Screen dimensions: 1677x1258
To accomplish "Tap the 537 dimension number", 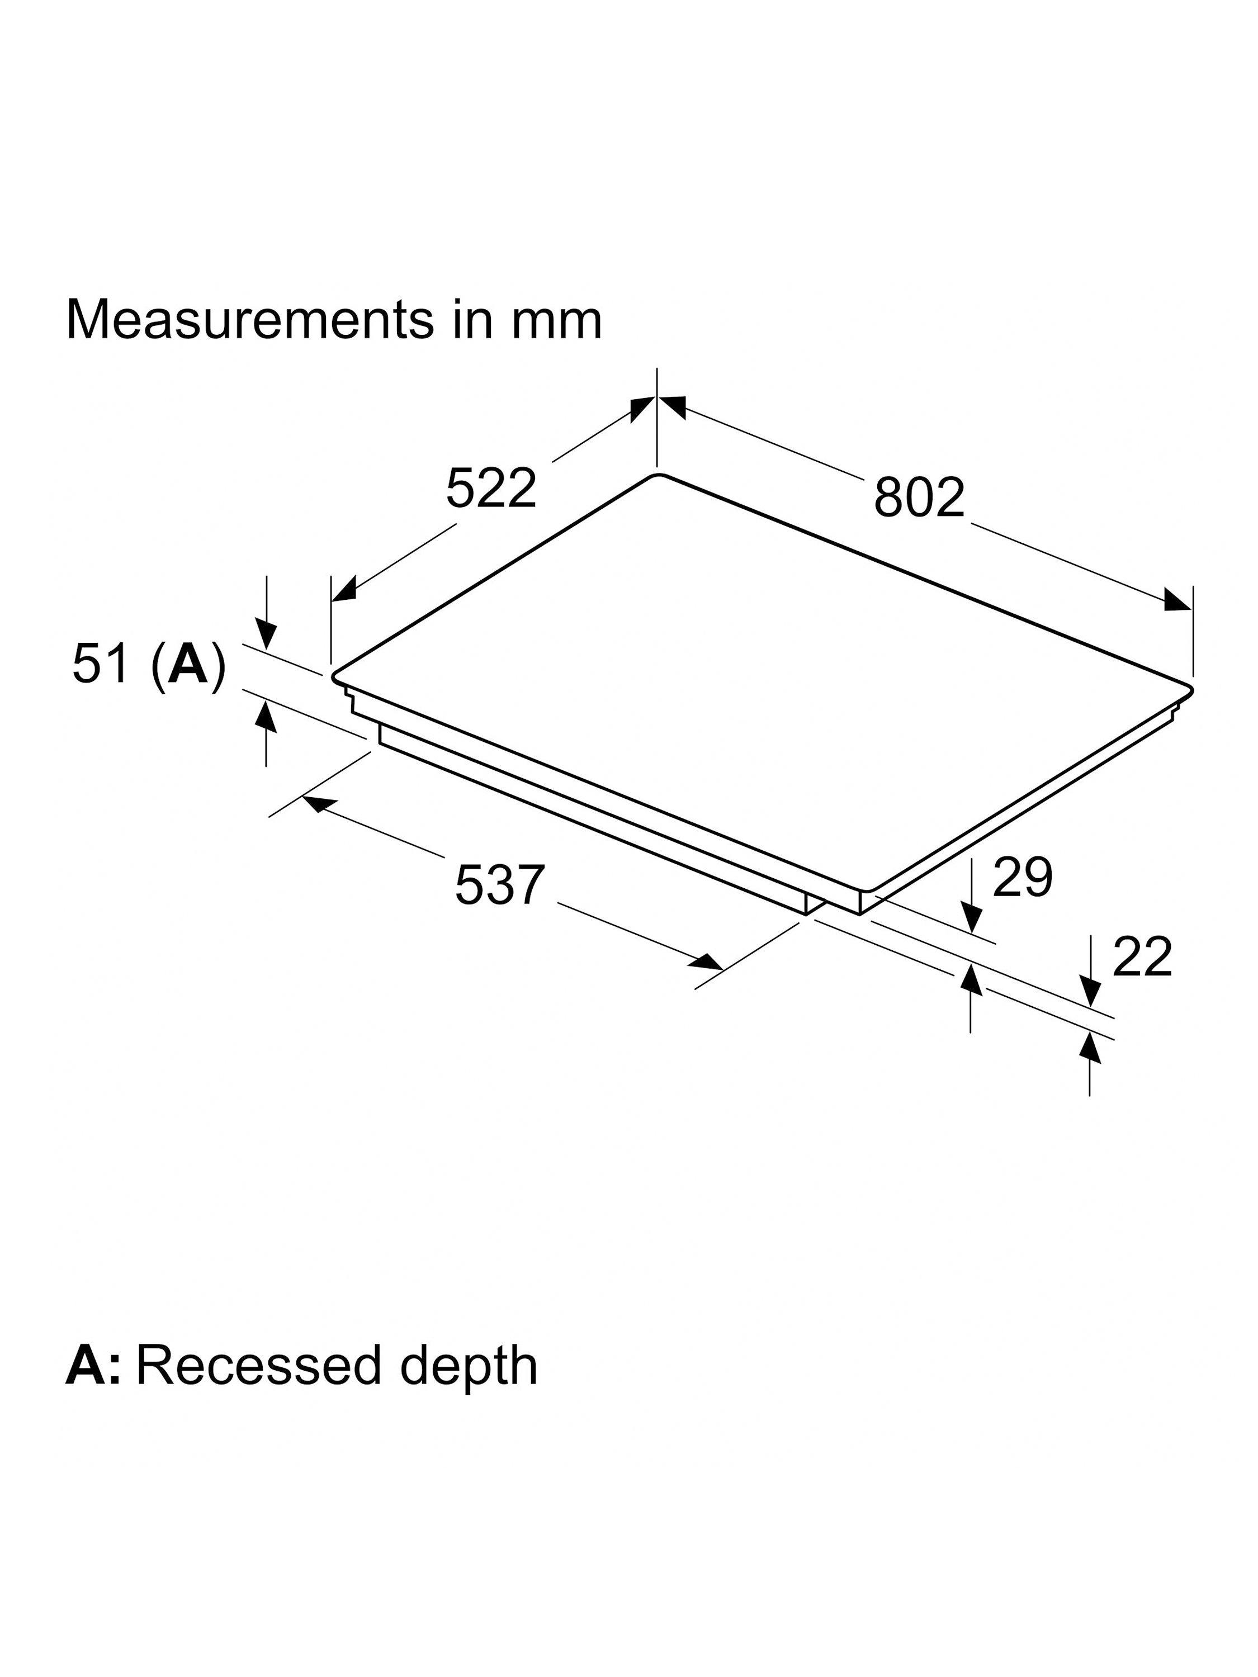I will coord(500,885).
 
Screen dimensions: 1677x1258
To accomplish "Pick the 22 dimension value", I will coord(1141,957).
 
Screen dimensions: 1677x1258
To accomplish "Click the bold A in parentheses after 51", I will coord(188,665).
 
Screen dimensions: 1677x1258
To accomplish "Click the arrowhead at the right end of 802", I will coord(1177,600).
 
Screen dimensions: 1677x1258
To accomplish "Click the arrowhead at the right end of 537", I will coord(707,963).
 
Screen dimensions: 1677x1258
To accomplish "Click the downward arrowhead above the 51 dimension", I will coord(266,632).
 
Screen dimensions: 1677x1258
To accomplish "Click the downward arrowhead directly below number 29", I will coord(971,920).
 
